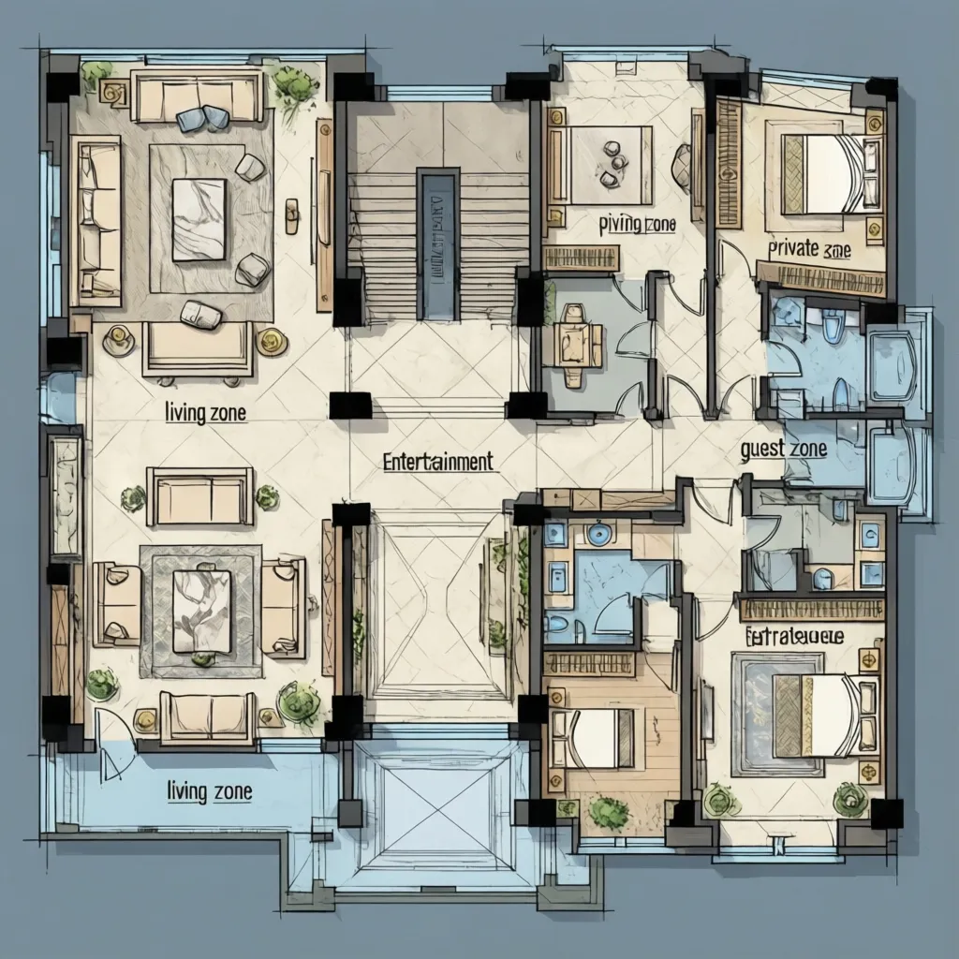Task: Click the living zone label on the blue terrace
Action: [x=209, y=791]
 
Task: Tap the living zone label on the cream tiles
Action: [x=205, y=412]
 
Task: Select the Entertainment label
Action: [x=437, y=461]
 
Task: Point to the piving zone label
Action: [x=637, y=225]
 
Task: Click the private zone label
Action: [x=808, y=249]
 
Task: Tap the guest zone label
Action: [x=783, y=449]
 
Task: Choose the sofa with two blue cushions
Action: [x=197, y=96]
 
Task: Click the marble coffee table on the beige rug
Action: [x=199, y=219]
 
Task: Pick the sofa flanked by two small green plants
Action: [x=199, y=496]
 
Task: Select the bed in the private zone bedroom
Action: [x=825, y=173]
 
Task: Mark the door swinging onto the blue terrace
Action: [x=111, y=745]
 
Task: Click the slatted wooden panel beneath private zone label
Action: [x=820, y=278]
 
